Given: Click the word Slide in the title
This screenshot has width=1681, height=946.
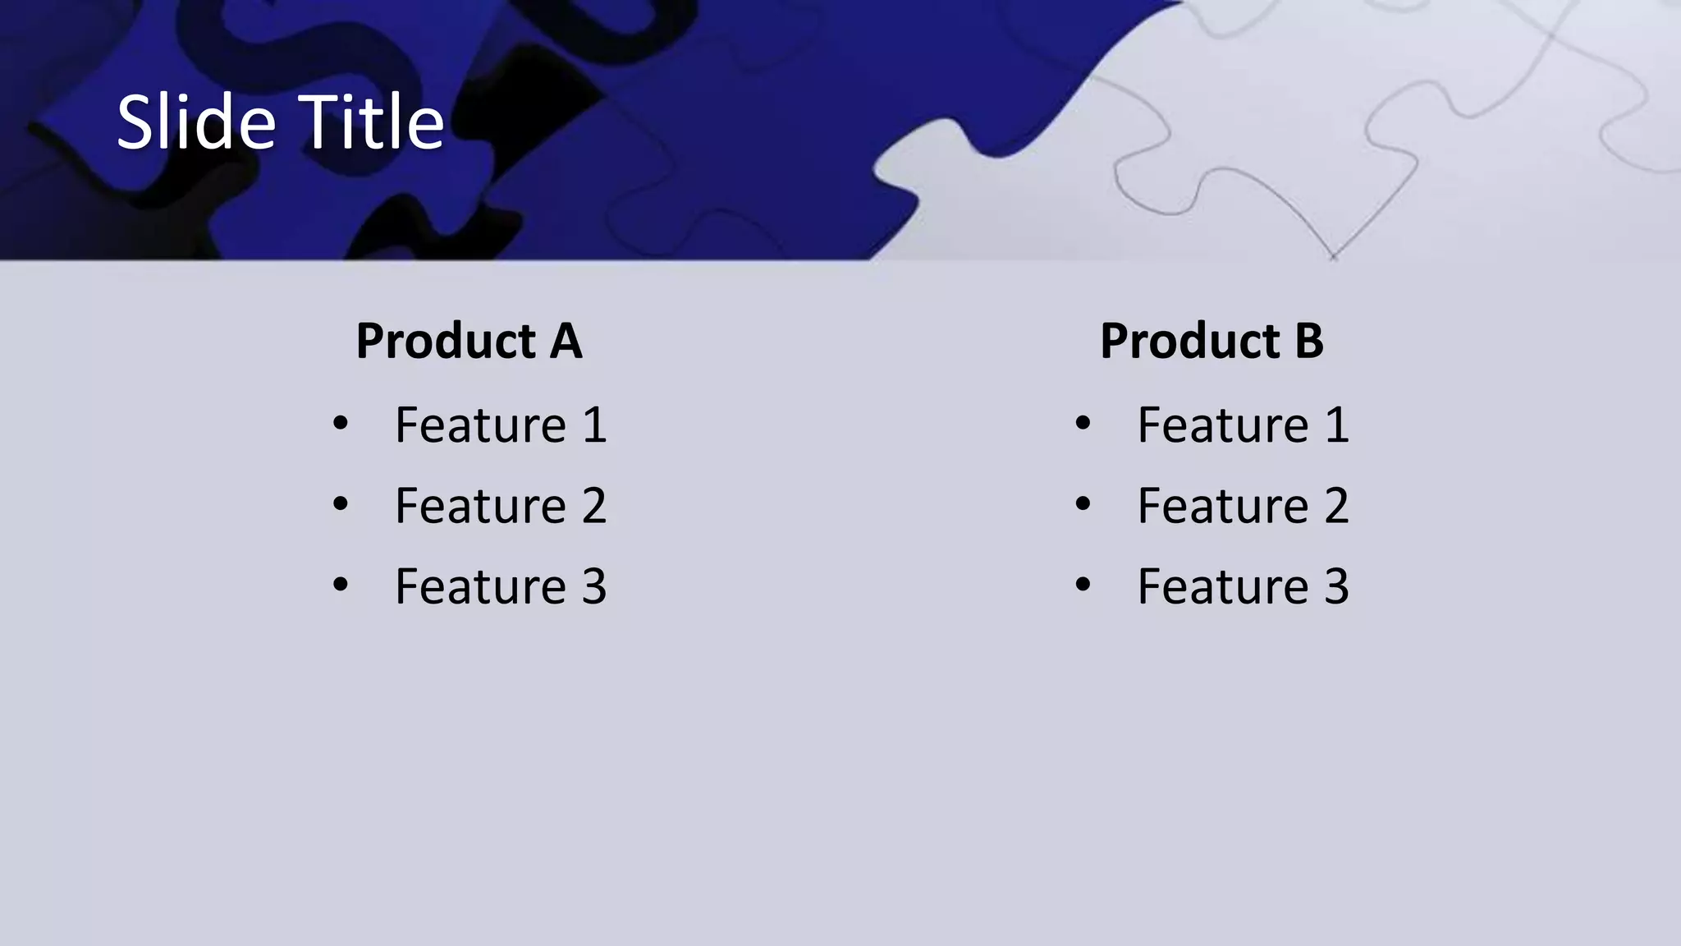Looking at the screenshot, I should [x=195, y=122].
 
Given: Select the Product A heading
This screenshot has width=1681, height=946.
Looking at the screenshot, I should [x=469, y=341].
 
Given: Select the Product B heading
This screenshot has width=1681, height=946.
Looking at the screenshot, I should [x=1212, y=341].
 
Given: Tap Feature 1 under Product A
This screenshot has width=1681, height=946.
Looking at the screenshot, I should [x=501, y=425].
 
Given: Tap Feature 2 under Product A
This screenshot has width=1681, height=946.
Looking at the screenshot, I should [x=501, y=506].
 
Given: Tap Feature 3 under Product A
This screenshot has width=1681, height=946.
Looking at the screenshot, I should [x=501, y=586].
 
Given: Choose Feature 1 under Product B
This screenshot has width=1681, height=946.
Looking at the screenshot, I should [x=1243, y=425].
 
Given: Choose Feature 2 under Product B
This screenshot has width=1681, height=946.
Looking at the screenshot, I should [x=1243, y=506].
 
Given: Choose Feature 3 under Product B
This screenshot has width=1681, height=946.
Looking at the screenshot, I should [x=1243, y=586].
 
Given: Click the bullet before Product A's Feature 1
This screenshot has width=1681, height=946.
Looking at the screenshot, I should [x=341, y=424].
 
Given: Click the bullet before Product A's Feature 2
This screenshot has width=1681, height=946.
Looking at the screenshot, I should [x=341, y=504].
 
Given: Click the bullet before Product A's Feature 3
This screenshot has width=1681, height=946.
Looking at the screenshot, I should [x=341, y=585].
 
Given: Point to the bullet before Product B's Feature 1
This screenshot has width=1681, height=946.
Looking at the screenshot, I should [x=1083, y=424].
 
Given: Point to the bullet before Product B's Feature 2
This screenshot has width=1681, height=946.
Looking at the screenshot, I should [x=1083, y=504].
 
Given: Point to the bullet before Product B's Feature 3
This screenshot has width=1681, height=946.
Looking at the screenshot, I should [x=1083, y=585].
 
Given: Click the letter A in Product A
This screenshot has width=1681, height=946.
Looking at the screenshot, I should [x=566, y=341].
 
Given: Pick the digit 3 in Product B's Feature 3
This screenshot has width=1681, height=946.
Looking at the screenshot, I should [x=1336, y=587].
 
